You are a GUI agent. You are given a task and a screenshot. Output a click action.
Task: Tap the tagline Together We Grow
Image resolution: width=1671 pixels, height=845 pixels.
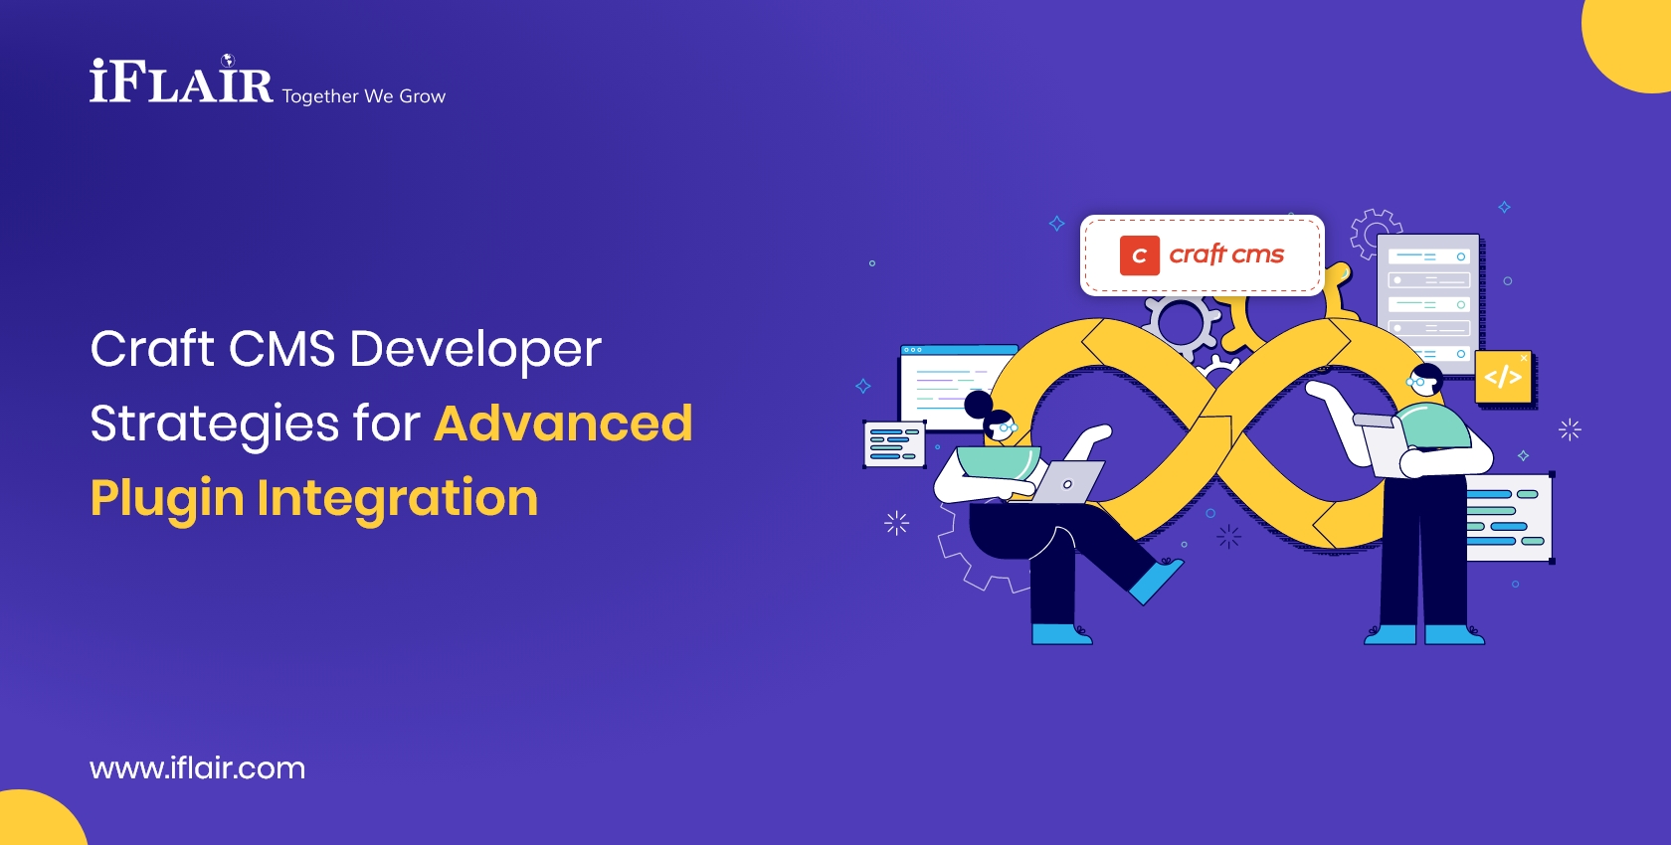pyautogui.click(x=364, y=96)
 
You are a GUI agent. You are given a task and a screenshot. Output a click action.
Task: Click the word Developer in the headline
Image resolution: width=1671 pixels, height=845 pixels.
pyautogui.click(x=475, y=349)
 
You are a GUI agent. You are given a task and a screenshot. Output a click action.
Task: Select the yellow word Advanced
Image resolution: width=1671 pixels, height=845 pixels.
pyautogui.click(x=563, y=423)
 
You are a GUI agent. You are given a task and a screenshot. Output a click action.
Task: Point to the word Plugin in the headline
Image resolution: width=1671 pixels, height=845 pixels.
pyautogui.click(x=166, y=498)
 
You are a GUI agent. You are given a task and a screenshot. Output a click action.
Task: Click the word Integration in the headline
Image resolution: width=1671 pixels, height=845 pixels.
pyautogui.click(x=397, y=498)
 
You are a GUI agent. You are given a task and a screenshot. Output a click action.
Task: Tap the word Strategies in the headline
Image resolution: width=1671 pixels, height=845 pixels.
pyautogui.click(x=215, y=423)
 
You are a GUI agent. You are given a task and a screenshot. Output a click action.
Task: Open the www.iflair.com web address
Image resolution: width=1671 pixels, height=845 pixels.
pyautogui.click(x=197, y=768)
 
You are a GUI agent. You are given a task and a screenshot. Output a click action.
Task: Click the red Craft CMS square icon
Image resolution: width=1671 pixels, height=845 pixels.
pyautogui.click(x=1139, y=255)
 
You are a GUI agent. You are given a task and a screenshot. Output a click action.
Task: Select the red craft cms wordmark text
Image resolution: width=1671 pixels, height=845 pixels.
pyautogui.click(x=1226, y=254)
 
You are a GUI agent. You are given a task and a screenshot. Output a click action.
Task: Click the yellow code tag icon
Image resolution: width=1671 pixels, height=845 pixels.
pyautogui.click(x=1503, y=377)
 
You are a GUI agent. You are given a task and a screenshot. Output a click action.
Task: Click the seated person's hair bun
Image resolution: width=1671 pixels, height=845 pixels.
pyautogui.click(x=979, y=404)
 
